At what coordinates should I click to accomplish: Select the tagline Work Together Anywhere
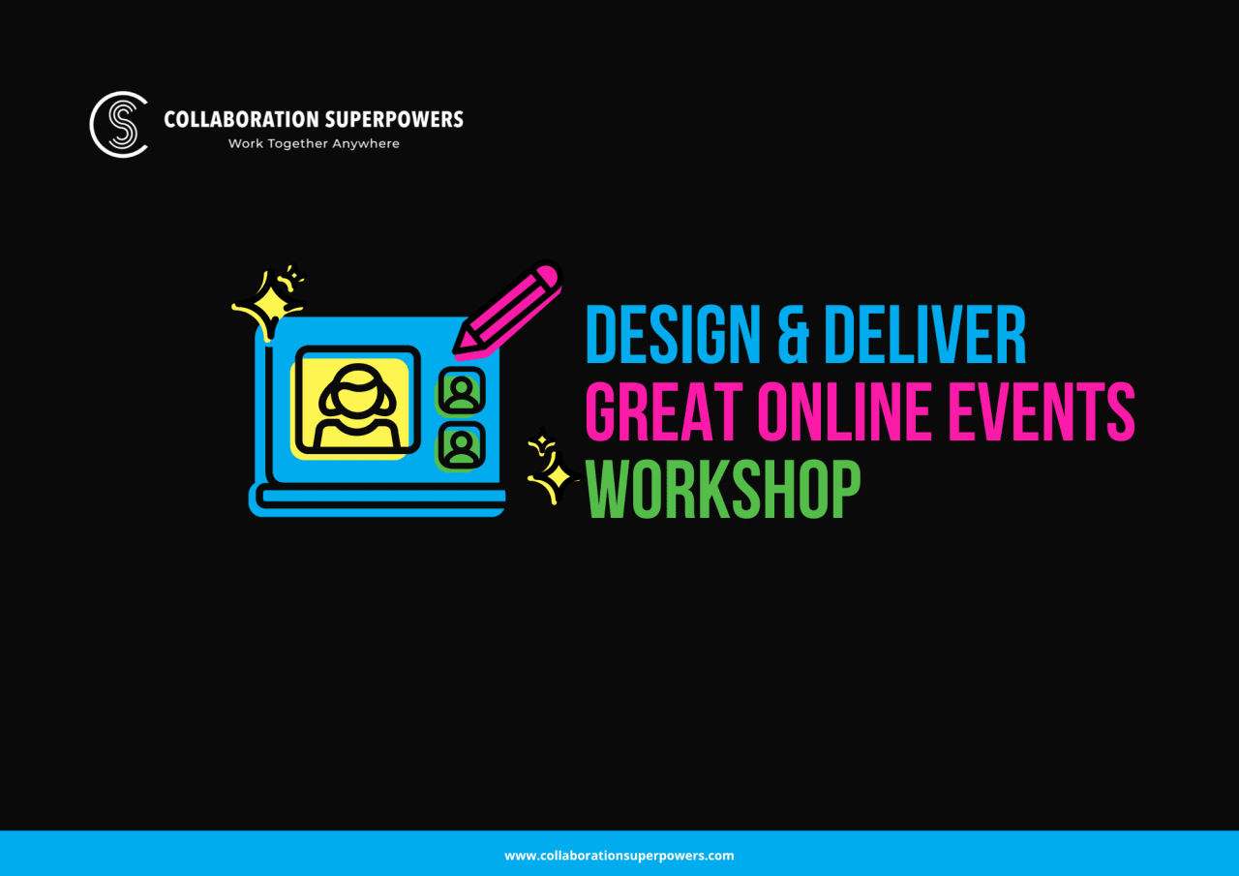(x=314, y=143)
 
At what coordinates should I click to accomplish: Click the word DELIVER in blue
(x=924, y=336)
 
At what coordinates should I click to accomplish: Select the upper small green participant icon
(x=461, y=391)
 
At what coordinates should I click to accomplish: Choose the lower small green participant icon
(x=461, y=445)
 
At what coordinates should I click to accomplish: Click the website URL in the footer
(x=619, y=856)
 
